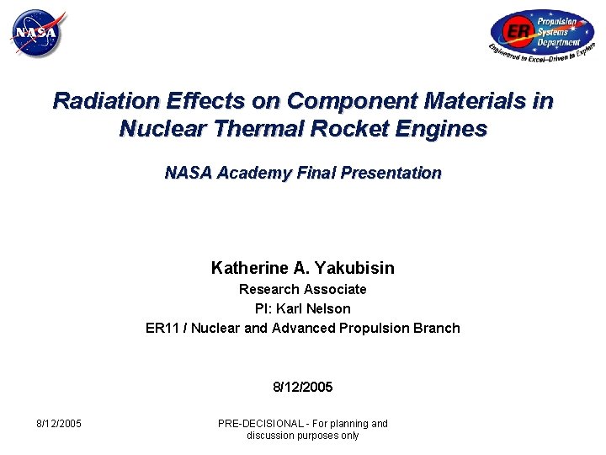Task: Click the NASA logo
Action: point(37,35)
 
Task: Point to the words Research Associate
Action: point(303,289)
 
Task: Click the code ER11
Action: point(163,328)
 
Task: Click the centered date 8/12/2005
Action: point(303,388)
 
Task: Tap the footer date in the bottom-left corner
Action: point(59,423)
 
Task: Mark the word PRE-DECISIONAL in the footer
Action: point(260,423)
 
